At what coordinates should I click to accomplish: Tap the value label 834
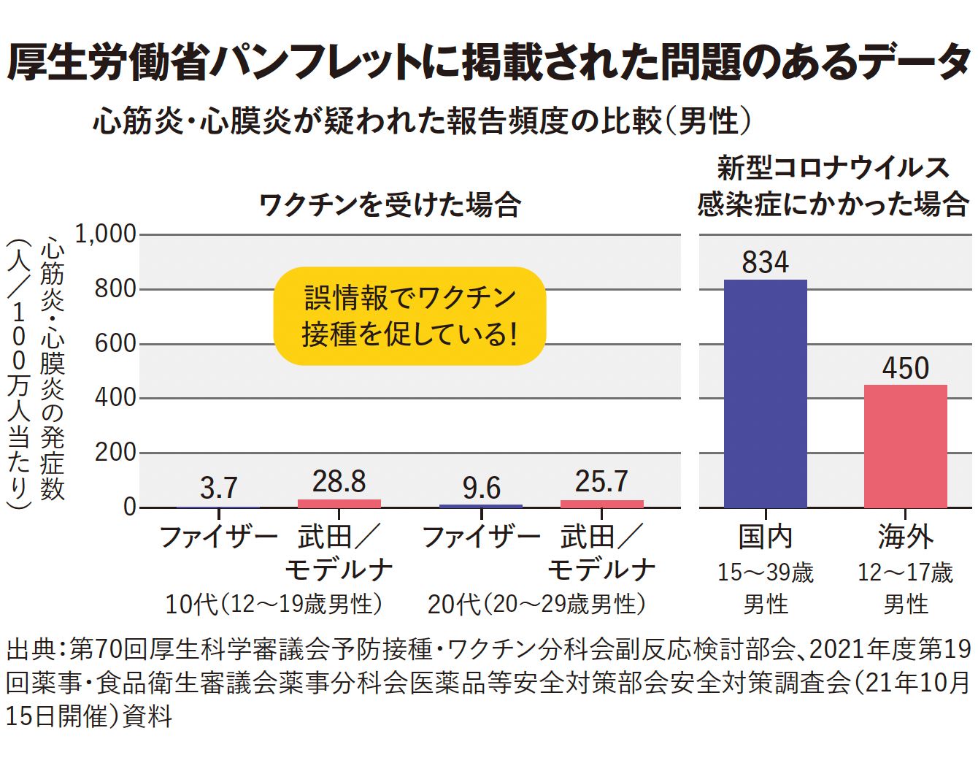coord(765,262)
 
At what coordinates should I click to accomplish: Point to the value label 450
coord(905,367)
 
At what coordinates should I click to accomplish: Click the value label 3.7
coord(218,487)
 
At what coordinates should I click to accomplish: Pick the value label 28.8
coord(339,481)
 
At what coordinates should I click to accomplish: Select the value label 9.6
coord(481,487)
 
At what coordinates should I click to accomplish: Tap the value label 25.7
coord(601,481)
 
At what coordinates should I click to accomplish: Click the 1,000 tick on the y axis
coord(106,234)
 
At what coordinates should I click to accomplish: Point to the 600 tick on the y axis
coord(115,343)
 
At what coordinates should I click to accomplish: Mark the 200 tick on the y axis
coord(115,452)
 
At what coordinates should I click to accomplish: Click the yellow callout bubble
coord(409,315)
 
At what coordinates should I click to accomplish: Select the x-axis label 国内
coord(765,537)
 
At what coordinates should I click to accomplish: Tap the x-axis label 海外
coord(905,537)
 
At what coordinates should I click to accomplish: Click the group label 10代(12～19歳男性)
coord(274,604)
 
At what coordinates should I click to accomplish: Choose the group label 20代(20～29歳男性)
coord(536,604)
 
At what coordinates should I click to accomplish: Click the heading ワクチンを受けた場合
coord(390,204)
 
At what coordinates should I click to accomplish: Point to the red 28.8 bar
coord(339,503)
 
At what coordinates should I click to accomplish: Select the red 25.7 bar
coord(601,504)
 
